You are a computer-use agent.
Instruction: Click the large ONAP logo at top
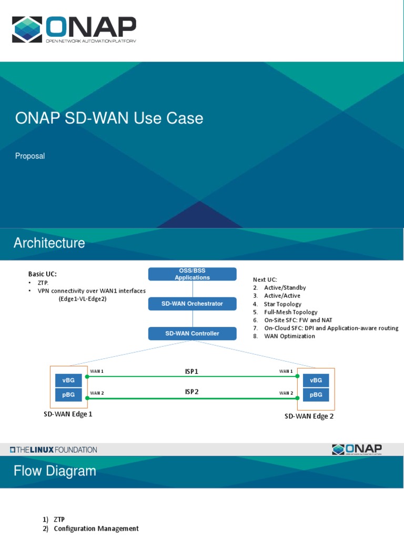pos(74,29)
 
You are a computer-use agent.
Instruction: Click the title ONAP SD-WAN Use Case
pos(109,118)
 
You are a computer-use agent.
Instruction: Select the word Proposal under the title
pos(30,156)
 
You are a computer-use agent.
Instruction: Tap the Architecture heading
pos(49,243)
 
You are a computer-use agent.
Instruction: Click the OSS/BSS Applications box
pos(192,274)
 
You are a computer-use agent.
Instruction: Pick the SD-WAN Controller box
pos(192,333)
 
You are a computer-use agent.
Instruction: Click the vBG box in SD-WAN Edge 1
pos(68,380)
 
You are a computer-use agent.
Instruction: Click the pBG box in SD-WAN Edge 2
pos(316,395)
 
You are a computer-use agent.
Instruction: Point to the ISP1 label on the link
pos(191,372)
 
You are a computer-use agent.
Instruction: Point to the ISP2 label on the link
pos(191,392)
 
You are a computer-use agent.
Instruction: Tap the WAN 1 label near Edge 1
pos(97,372)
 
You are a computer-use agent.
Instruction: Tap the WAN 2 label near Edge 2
pos(286,393)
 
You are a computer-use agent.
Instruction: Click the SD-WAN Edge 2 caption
pos(309,416)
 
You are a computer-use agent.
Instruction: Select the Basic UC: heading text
pos(42,274)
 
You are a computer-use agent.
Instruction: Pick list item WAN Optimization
pos(289,336)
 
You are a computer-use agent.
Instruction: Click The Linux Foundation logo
pos(53,450)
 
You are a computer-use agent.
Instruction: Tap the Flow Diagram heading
pos(55,471)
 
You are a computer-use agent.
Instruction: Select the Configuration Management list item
pos(96,528)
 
